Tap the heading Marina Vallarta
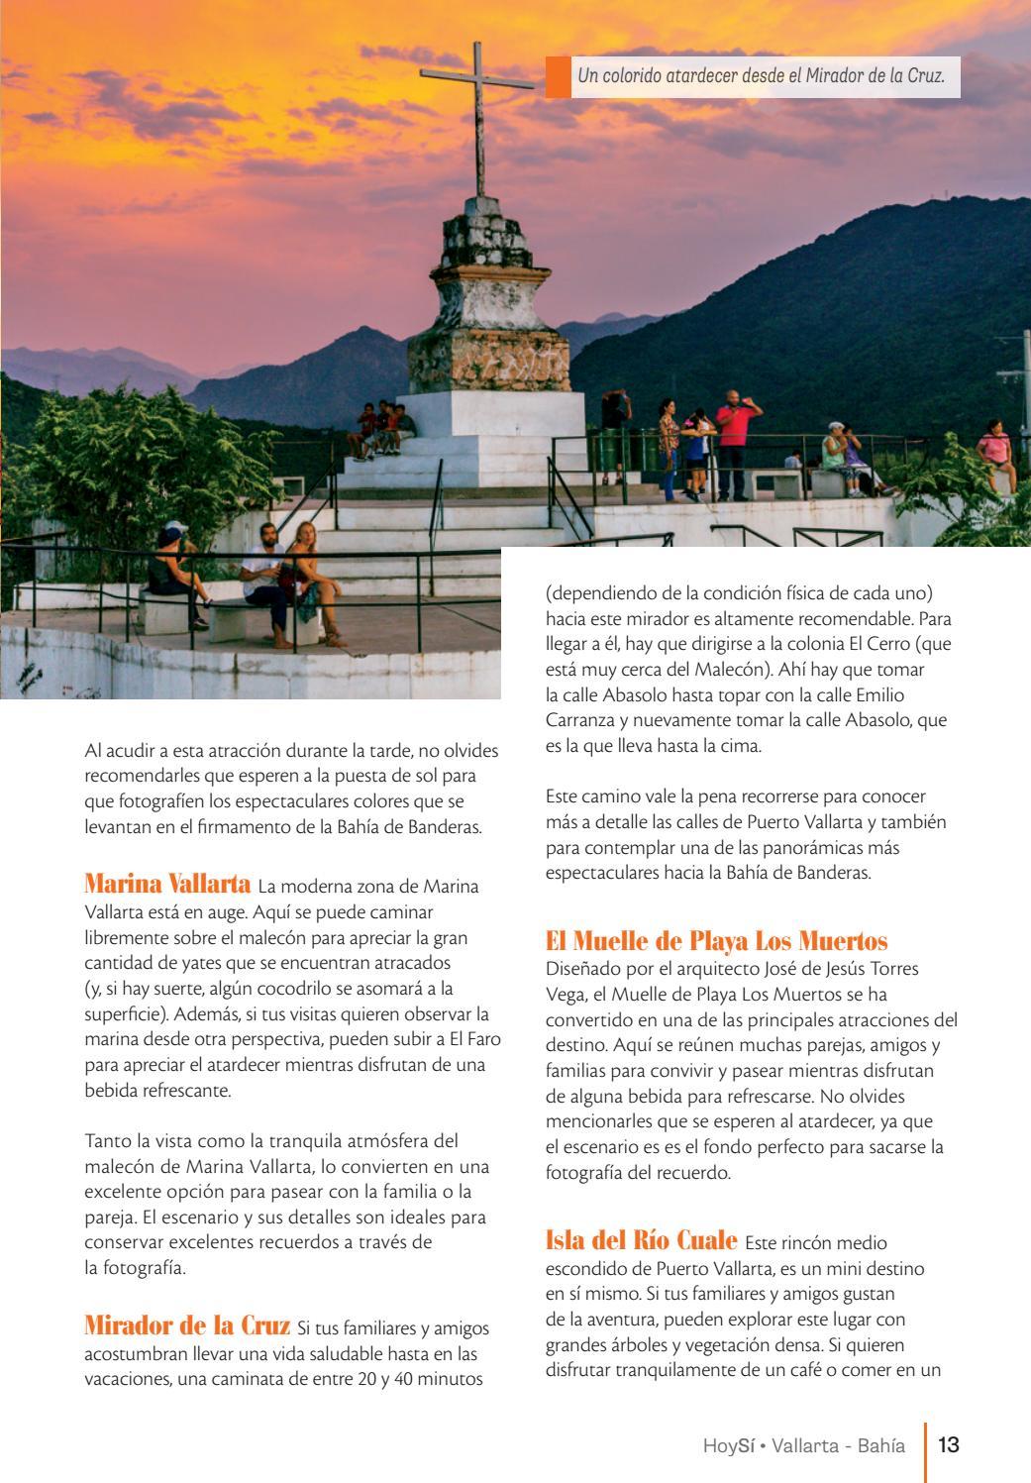tap(167, 885)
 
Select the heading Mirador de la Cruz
tap(187, 1325)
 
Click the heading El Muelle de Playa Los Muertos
tap(716, 940)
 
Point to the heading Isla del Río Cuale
tap(641, 1239)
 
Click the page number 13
tap(948, 1444)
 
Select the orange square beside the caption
tap(558, 76)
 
